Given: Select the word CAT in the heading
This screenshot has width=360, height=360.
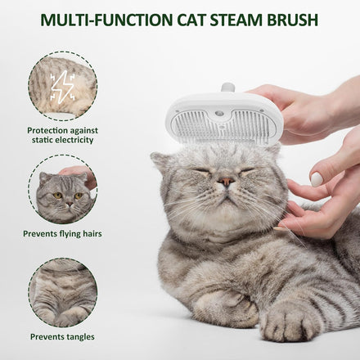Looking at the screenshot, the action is [191, 20].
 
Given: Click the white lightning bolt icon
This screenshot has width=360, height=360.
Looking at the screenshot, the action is [62, 88].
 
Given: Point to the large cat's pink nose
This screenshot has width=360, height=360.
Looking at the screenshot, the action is [227, 181].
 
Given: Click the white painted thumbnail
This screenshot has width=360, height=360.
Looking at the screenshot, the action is [317, 179].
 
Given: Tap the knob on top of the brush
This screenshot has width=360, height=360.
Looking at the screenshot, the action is [228, 88].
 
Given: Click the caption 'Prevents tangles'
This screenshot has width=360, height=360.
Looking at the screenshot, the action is [62, 337].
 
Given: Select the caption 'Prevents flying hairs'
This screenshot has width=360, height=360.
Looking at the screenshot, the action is [62, 234].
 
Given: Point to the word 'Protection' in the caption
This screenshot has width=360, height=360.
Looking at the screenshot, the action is [47, 131].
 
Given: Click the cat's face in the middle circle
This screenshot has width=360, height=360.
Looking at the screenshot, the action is [65, 195].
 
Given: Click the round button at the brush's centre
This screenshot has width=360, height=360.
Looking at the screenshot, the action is [220, 113].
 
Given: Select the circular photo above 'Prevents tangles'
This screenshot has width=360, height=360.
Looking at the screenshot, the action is [63, 293].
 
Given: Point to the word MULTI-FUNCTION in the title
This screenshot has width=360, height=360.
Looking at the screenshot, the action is [106, 20].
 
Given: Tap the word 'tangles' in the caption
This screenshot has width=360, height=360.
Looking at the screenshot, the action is [81, 337].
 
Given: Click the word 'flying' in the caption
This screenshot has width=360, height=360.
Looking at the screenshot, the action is [71, 234].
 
